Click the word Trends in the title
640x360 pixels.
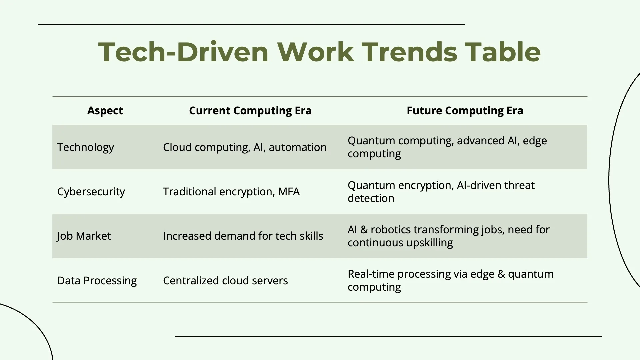409,52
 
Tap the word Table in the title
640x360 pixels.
503,52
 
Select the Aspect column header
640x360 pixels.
105,111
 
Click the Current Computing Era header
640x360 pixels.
250,111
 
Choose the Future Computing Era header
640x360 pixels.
465,111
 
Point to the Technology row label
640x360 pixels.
86,147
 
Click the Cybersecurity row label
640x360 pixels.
91,192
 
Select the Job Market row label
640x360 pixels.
84,236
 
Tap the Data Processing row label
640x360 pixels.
97,281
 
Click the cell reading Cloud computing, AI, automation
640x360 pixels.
245,147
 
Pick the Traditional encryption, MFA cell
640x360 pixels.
231,192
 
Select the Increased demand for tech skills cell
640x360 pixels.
243,236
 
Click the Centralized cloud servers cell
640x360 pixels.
225,281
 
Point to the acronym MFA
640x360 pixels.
289,192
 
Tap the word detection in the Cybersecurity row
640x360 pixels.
371,198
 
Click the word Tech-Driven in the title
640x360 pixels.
184,52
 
